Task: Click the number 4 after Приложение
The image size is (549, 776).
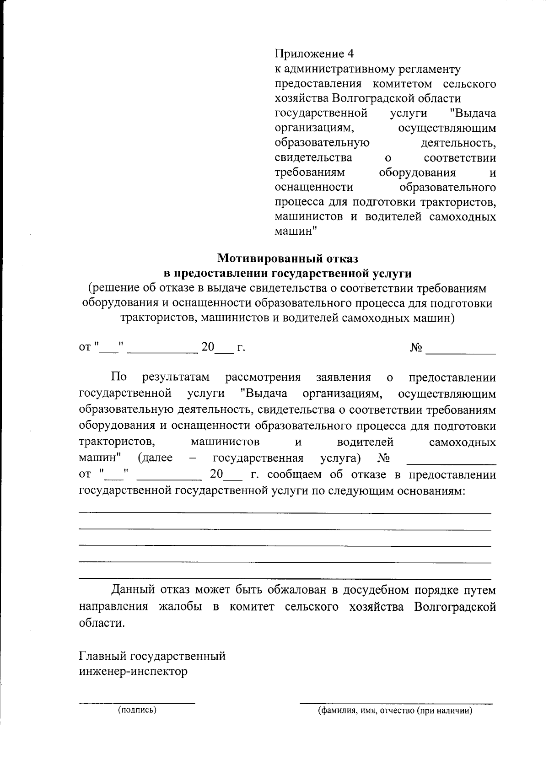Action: point(350,54)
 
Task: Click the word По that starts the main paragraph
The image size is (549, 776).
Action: point(118,377)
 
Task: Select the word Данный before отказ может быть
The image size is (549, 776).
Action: point(133,590)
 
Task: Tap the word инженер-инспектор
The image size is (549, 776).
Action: point(134,672)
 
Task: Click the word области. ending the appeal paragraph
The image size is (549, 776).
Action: point(102,623)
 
